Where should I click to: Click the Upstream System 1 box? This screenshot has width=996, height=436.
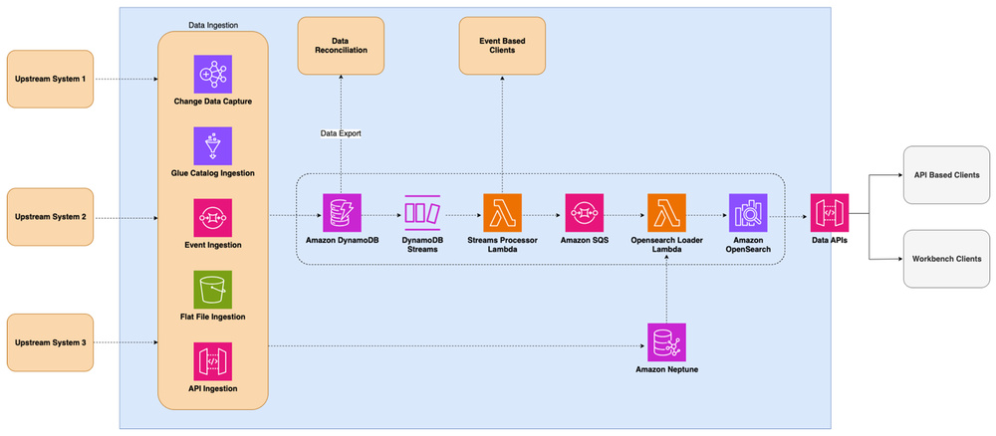(50, 79)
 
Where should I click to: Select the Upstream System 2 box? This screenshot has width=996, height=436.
(50, 216)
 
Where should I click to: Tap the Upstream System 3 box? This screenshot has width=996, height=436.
(50, 342)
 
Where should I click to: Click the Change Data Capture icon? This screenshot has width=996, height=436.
(212, 74)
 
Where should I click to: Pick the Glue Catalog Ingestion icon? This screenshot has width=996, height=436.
(212, 145)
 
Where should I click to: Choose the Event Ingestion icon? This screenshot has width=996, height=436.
(212, 217)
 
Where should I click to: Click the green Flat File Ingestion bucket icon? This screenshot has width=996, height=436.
(212, 289)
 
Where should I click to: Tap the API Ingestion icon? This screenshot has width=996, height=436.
(212, 360)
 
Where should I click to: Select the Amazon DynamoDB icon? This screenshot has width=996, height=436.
(342, 213)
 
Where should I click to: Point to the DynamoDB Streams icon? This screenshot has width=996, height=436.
(422, 213)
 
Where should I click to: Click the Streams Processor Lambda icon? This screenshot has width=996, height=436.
(502, 213)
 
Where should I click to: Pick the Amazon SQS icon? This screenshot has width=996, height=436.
(585, 213)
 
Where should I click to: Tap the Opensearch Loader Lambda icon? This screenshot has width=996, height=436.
(666, 213)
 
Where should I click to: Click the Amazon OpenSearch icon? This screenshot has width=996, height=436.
(748, 213)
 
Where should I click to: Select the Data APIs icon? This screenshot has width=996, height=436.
(830, 213)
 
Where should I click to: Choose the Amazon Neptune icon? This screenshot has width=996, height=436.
(666, 342)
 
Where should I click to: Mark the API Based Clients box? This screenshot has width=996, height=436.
(947, 174)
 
